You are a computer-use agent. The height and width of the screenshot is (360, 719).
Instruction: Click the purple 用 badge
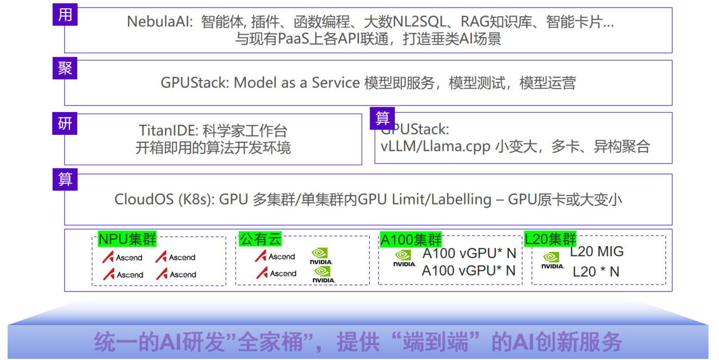tap(65, 15)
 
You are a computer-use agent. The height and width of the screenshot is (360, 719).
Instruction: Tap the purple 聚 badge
tap(65, 69)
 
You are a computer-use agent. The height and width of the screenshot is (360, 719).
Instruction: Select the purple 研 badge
tap(65, 124)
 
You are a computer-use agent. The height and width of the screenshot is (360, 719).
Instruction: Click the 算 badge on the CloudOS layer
tap(65, 179)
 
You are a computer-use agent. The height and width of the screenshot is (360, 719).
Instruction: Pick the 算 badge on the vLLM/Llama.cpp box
tap(382, 118)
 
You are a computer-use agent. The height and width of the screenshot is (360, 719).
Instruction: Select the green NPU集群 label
tap(127, 239)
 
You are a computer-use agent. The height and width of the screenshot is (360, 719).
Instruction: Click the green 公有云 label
tap(261, 239)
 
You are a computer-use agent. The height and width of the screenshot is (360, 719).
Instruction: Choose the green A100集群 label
tap(411, 239)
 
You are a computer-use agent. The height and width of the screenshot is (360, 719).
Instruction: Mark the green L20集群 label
tap(550, 239)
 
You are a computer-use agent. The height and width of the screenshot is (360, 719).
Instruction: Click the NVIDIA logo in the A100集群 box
tap(405, 258)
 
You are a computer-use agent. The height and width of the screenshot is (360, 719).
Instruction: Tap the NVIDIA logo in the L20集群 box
tap(553, 260)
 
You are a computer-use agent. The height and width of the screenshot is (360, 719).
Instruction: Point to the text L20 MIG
tap(597, 252)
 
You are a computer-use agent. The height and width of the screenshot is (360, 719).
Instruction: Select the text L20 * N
tap(596, 271)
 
